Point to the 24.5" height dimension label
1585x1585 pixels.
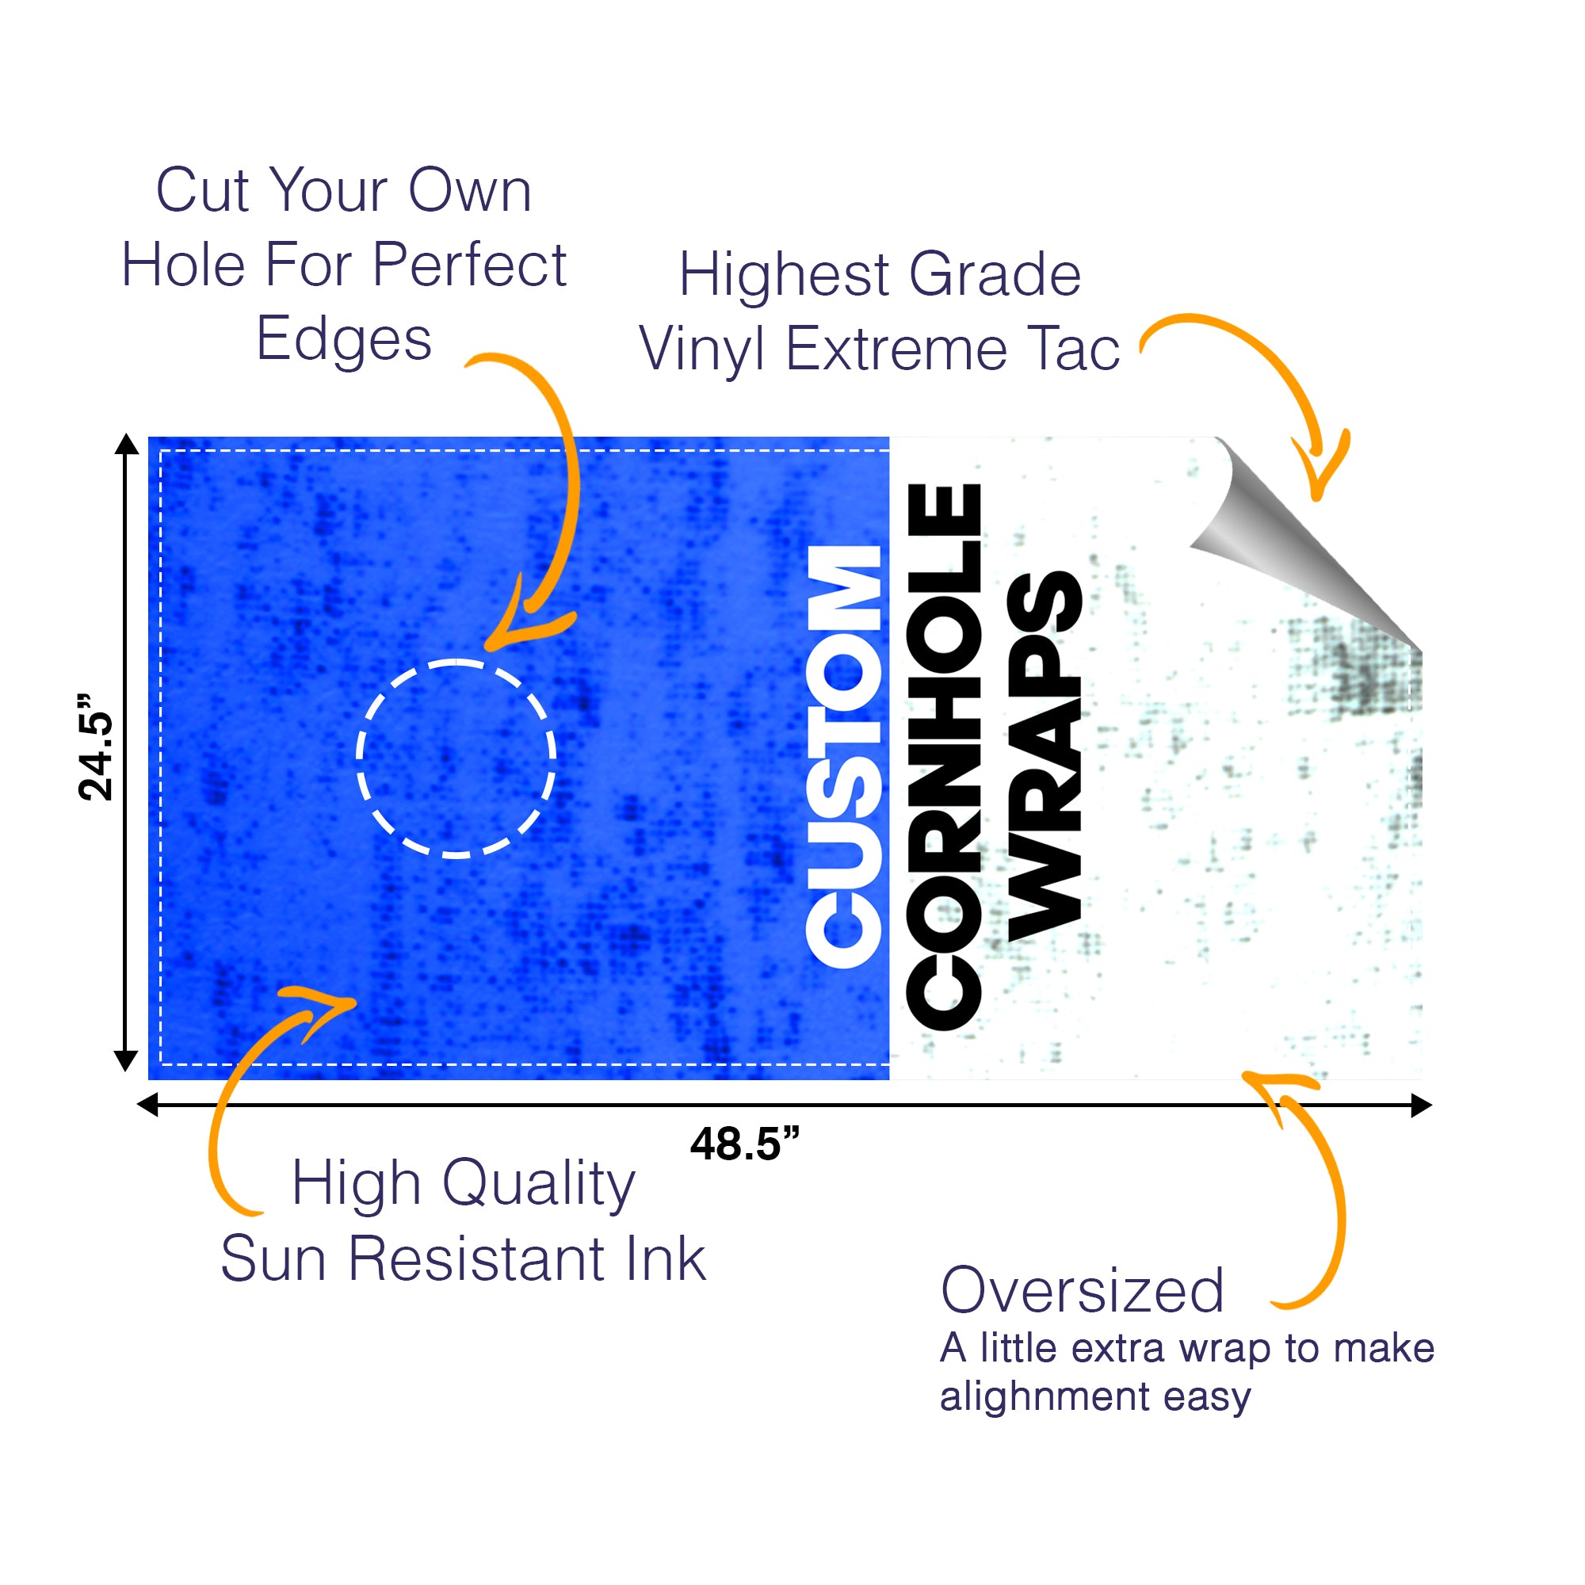tap(96, 747)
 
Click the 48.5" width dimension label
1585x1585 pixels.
tap(744, 1144)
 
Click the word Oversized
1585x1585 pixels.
tap(1082, 1290)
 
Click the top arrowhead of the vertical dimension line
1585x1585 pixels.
tap(126, 443)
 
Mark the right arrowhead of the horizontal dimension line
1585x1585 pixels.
tap(1422, 1105)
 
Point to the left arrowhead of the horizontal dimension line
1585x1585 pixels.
tap(147, 1105)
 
